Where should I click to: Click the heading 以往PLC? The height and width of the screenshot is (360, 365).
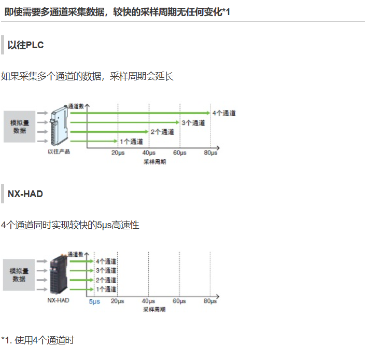coord(25,45)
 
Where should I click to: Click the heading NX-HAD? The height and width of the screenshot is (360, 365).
coord(25,194)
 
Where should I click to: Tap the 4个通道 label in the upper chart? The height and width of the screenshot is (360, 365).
coord(223,113)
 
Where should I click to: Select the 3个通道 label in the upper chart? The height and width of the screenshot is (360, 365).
coord(193,123)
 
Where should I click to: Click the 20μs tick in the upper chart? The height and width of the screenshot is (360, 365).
coord(118,153)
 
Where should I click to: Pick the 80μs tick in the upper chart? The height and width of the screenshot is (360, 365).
coord(210,153)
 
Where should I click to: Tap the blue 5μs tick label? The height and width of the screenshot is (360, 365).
coord(94,301)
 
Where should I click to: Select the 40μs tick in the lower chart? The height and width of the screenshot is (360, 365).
coord(148,301)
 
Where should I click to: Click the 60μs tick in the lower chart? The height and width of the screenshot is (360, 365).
coord(179,301)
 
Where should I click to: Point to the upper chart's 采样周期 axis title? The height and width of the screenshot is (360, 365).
coord(155,162)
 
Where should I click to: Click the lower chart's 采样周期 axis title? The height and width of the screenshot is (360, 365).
coord(155,310)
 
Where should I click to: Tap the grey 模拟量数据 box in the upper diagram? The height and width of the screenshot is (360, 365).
coord(20,127)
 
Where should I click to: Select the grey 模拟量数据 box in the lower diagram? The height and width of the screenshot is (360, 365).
coord(20,275)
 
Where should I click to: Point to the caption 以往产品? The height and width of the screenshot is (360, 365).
coord(58,151)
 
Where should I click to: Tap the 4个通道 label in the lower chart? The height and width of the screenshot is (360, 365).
coord(106,261)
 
